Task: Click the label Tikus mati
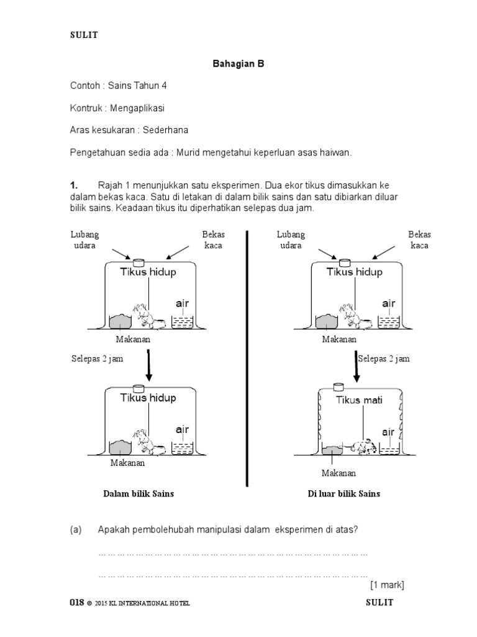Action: click(x=360, y=400)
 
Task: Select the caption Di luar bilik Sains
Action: click(x=344, y=494)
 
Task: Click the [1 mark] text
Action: click(x=387, y=585)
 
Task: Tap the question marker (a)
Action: click(x=76, y=529)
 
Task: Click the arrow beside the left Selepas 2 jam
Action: click(x=148, y=365)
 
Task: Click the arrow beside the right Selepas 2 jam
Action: click(x=356, y=365)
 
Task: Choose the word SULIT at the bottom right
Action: click(x=379, y=603)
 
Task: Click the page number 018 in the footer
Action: click(x=76, y=603)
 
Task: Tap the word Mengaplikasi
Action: click(x=137, y=108)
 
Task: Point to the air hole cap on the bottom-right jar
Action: click(x=338, y=387)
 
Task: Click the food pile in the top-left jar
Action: click(x=120, y=321)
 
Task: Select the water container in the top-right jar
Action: click(x=389, y=322)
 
